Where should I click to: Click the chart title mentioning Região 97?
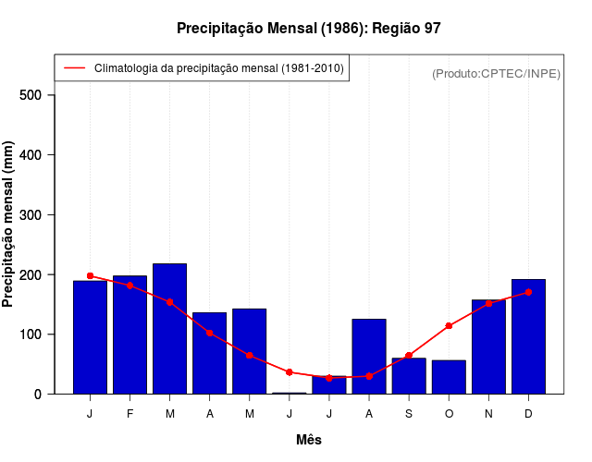(309, 29)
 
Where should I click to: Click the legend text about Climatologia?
(219, 68)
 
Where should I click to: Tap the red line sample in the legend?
(75, 68)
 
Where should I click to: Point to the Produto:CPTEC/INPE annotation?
(497, 73)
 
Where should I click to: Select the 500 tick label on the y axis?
(30, 95)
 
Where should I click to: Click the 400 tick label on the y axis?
(30, 155)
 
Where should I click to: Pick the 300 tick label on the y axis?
(30, 215)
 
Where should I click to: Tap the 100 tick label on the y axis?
(30, 334)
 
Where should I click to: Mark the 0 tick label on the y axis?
(38, 395)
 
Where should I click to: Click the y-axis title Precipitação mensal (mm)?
(9, 224)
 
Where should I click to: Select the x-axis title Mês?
(309, 440)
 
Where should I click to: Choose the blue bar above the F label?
(129, 334)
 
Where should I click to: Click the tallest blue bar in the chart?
(169, 328)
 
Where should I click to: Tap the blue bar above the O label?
(449, 377)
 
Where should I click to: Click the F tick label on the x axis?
(129, 414)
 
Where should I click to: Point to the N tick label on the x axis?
(488, 414)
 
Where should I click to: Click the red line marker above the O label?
(449, 326)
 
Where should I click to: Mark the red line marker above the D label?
(528, 292)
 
